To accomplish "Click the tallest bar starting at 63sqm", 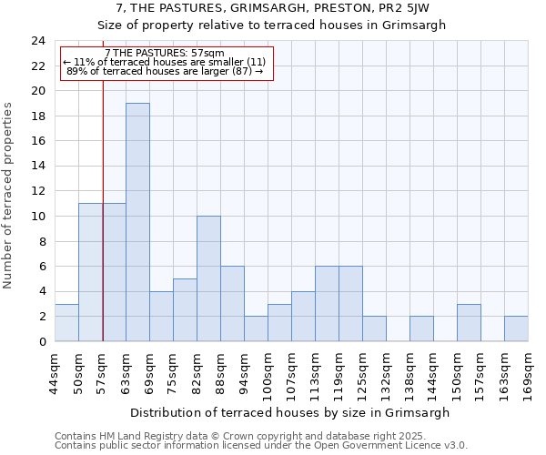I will pyautogui.click(x=137, y=222).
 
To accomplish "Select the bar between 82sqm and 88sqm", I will pyautogui.click(x=208, y=278).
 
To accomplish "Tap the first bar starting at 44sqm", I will pyautogui.click(x=66, y=322).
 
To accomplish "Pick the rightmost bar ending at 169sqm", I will pyautogui.click(x=516, y=329).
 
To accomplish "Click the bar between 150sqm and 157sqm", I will pyautogui.click(x=469, y=322).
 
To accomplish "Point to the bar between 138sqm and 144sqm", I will pyautogui.click(x=421, y=329).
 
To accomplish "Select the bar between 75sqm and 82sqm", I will pyautogui.click(x=185, y=309).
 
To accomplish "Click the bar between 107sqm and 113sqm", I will pyautogui.click(x=303, y=316).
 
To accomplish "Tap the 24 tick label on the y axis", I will pyautogui.click(x=37, y=41).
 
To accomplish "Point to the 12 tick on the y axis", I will pyautogui.click(x=37, y=191).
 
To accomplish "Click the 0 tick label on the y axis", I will pyautogui.click(x=41, y=341).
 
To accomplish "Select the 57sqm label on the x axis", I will pyautogui.click(x=102, y=371).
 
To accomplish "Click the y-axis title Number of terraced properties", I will pyautogui.click(x=9, y=196).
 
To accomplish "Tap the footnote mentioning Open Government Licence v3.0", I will pyautogui.click(x=260, y=446).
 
